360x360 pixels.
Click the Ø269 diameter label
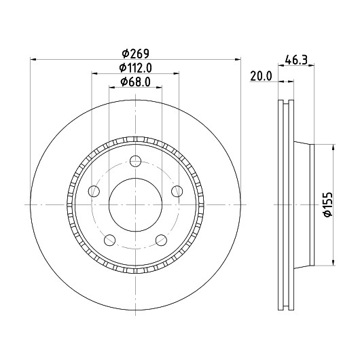coord(135,54)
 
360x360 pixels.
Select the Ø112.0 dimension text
coord(135,68)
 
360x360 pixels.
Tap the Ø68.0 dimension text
coord(135,82)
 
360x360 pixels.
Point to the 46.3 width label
coord(296,60)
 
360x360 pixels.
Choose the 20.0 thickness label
coord(261,76)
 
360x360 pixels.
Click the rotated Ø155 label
coord(328,204)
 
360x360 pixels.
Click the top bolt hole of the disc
coord(135,161)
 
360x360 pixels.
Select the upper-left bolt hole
coord(94,191)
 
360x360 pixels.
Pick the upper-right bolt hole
coord(177,191)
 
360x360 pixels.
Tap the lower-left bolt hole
coord(109,240)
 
